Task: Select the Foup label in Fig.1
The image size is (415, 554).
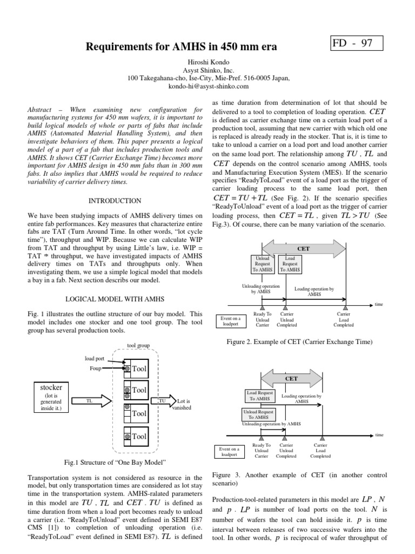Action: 97,368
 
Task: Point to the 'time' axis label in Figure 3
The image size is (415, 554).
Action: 379,434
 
